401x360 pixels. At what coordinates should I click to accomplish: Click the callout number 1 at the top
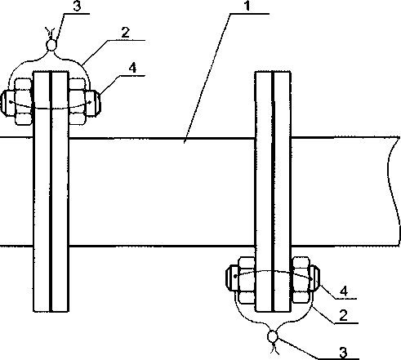[247, 6]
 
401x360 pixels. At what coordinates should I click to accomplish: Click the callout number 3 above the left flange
[78, 6]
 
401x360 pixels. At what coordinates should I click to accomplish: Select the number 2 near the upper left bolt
[126, 33]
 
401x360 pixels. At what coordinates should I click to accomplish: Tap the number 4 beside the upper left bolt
[132, 68]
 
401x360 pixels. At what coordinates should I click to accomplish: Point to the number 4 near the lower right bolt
[344, 291]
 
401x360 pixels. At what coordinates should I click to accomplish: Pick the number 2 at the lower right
[343, 316]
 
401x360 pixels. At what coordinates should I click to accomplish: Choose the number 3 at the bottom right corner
[344, 353]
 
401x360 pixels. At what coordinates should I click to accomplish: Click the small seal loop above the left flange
[51, 45]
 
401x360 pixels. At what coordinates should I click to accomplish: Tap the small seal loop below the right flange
[273, 337]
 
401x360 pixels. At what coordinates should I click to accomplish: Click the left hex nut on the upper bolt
[24, 101]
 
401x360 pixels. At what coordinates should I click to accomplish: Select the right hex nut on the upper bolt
[78, 101]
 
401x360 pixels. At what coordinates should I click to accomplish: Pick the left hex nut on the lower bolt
[247, 280]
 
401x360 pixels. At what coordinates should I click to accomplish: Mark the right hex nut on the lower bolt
[301, 280]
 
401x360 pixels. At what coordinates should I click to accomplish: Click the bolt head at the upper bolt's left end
[7, 104]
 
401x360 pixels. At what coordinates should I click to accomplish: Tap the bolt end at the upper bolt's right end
[93, 104]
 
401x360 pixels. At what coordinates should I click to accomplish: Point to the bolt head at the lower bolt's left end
[232, 278]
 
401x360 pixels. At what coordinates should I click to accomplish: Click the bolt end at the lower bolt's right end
[314, 278]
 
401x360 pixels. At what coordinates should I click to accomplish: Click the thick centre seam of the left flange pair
[51, 191]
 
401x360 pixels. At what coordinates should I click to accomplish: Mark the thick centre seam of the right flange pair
[273, 191]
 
